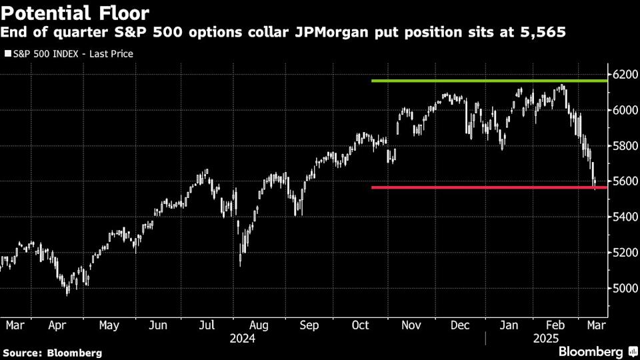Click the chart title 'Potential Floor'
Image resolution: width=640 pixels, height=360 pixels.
pos(75,13)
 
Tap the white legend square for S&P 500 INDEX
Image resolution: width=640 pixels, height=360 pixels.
pos(7,53)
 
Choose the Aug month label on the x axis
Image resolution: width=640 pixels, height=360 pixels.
pos(259,326)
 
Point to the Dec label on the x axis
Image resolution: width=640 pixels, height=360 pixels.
pos(460,326)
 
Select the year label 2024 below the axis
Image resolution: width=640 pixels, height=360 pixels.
pos(242,339)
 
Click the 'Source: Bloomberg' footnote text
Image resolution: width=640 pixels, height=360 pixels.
pos(53,352)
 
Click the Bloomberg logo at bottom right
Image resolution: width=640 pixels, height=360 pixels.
pos(596,351)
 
